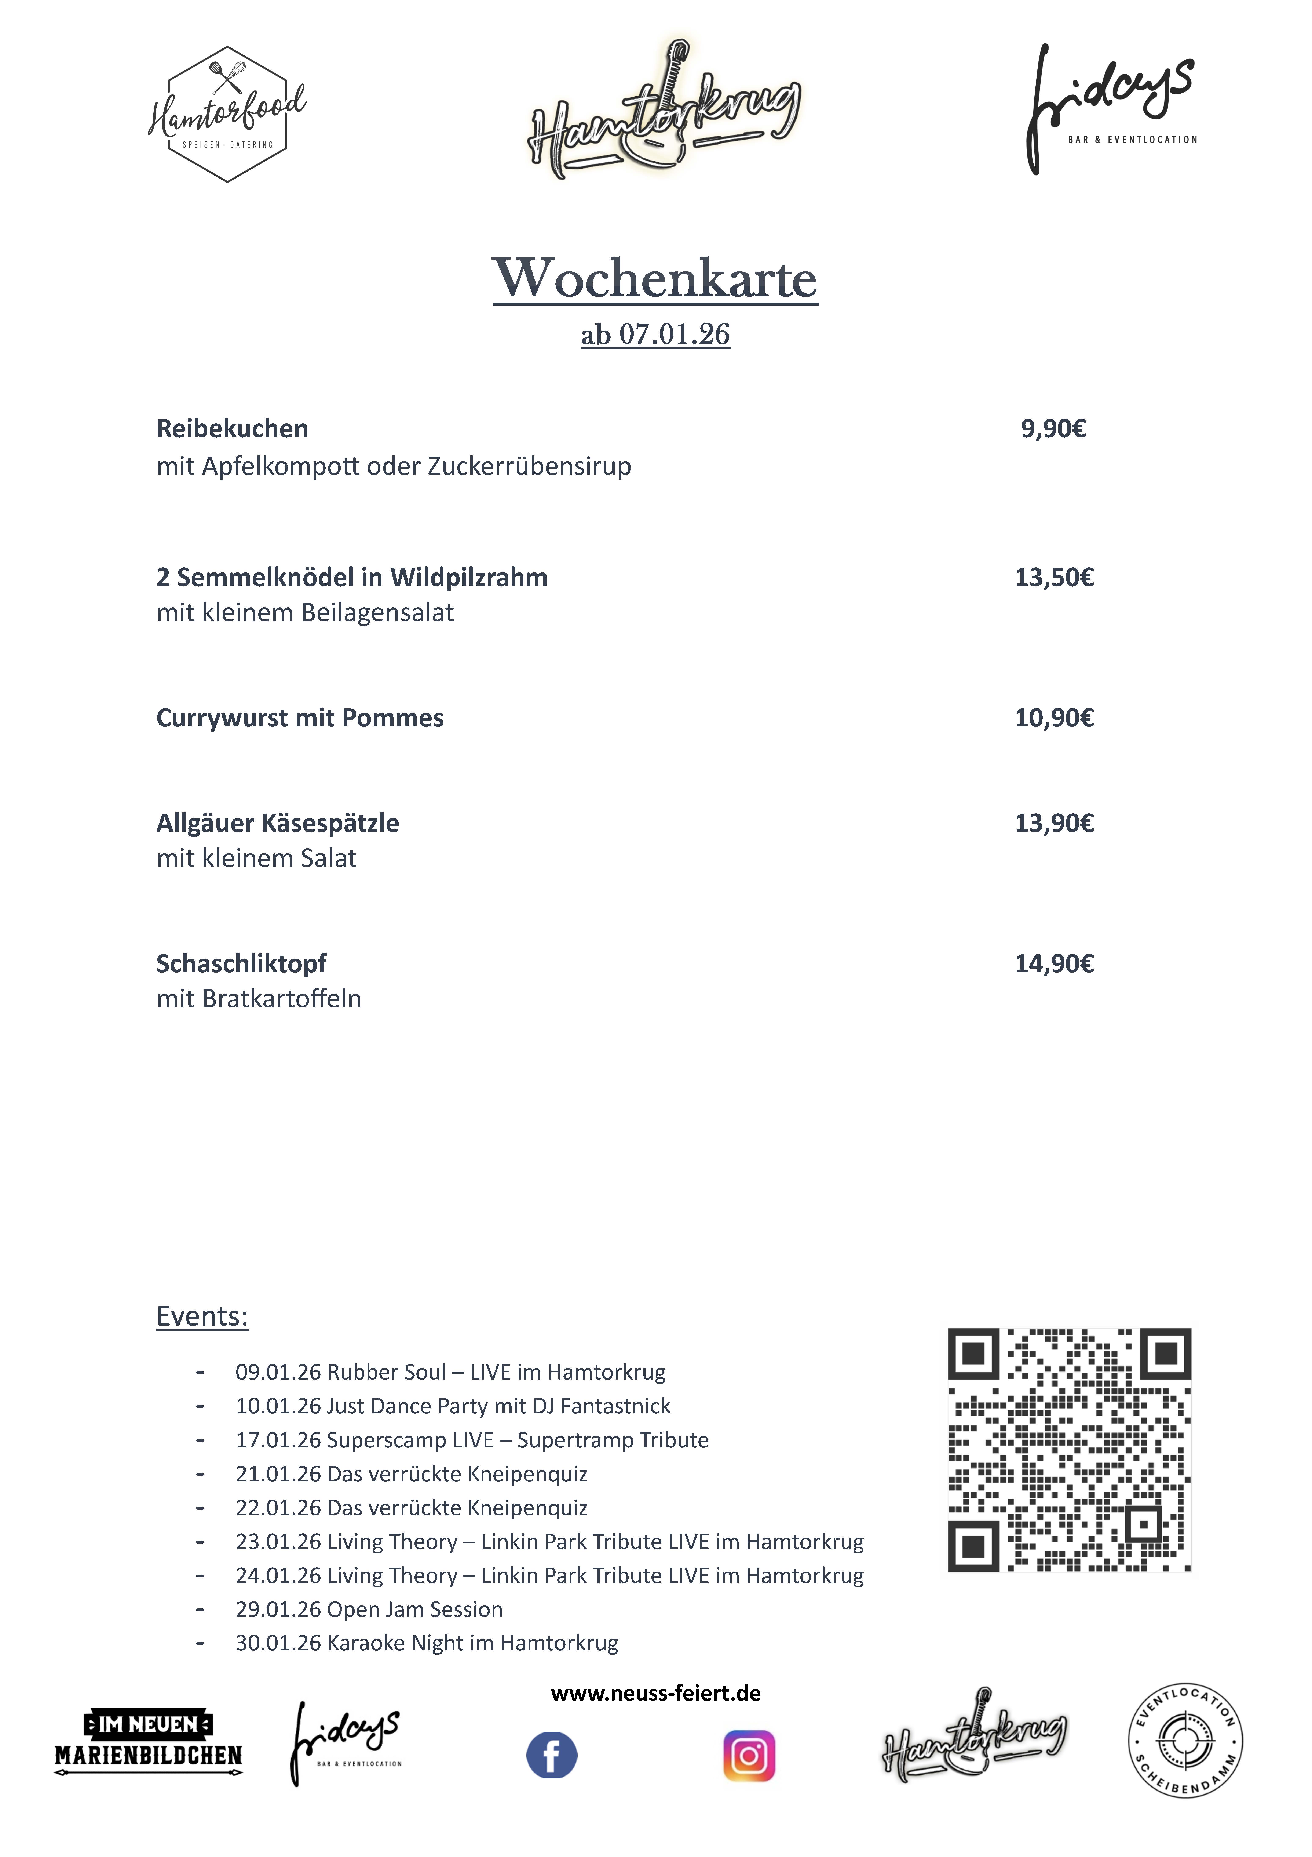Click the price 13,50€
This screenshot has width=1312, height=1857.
(x=1054, y=577)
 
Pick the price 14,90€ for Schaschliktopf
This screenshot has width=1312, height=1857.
(x=1054, y=963)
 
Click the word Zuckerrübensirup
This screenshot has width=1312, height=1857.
(x=530, y=467)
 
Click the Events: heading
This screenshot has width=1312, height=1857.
(x=202, y=1316)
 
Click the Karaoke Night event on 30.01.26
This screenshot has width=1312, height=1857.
(x=427, y=1643)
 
